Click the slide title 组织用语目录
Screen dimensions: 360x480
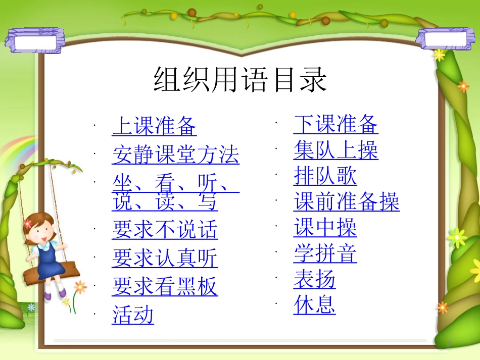(x=241, y=80)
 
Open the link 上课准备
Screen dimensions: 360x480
(x=154, y=126)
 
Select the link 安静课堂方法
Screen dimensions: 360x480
(x=175, y=155)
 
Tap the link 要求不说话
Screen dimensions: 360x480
(x=165, y=230)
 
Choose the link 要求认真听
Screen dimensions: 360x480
(x=165, y=259)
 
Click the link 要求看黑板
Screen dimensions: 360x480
(x=165, y=287)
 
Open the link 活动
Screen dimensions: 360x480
(x=133, y=316)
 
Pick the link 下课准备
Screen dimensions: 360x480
(x=335, y=124)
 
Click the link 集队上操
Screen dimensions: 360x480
(x=335, y=150)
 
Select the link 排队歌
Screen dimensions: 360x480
(x=325, y=176)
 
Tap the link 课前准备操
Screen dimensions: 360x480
(x=346, y=202)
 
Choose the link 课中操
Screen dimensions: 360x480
(x=325, y=228)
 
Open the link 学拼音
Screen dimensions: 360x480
(x=325, y=254)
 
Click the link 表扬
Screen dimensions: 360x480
(x=314, y=280)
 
